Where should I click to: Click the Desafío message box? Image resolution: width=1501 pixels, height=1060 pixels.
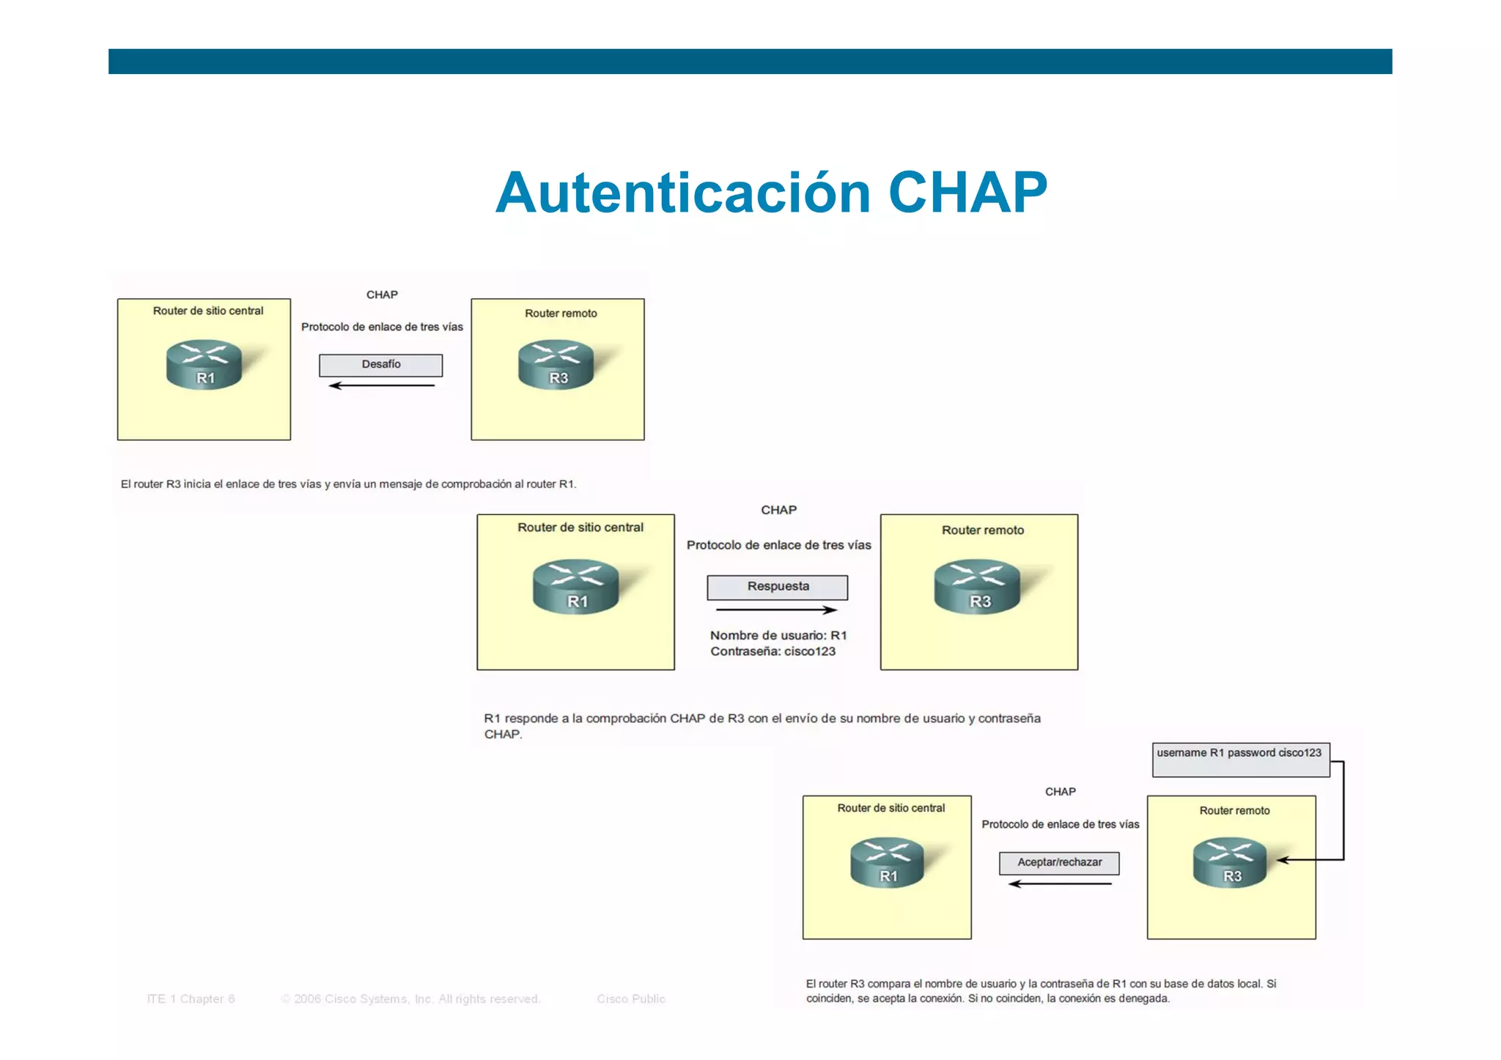[x=380, y=365]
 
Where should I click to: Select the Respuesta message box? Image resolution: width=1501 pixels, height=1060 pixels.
[x=777, y=587]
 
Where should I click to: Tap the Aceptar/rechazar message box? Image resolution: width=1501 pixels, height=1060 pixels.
[x=1058, y=863]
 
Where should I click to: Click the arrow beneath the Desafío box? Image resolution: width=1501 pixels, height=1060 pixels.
[x=381, y=385]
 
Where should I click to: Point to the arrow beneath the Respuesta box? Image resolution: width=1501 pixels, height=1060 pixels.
[x=776, y=609]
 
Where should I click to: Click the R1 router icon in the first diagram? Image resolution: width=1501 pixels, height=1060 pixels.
[x=204, y=364]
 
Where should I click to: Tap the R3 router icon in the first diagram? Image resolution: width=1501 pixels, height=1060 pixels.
[x=556, y=364]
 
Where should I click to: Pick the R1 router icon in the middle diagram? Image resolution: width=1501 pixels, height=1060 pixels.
[x=575, y=586]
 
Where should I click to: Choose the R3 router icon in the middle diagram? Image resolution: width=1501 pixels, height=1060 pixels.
[x=977, y=586]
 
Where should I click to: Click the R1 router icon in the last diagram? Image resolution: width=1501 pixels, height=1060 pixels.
[x=887, y=862]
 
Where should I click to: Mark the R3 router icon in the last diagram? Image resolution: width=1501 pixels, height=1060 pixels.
[x=1229, y=862]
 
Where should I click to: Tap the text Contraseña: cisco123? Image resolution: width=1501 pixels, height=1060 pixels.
[x=772, y=651]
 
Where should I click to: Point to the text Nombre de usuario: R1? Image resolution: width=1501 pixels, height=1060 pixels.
[x=778, y=635]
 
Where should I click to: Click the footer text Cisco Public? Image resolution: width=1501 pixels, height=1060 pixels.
[x=630, y=998]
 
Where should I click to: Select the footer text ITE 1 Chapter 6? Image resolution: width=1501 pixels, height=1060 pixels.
[x=191, y=998]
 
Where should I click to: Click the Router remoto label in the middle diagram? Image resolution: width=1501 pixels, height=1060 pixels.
[x=982, y=530]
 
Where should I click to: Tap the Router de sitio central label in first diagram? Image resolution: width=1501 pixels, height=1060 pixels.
[x=207, y=311]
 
